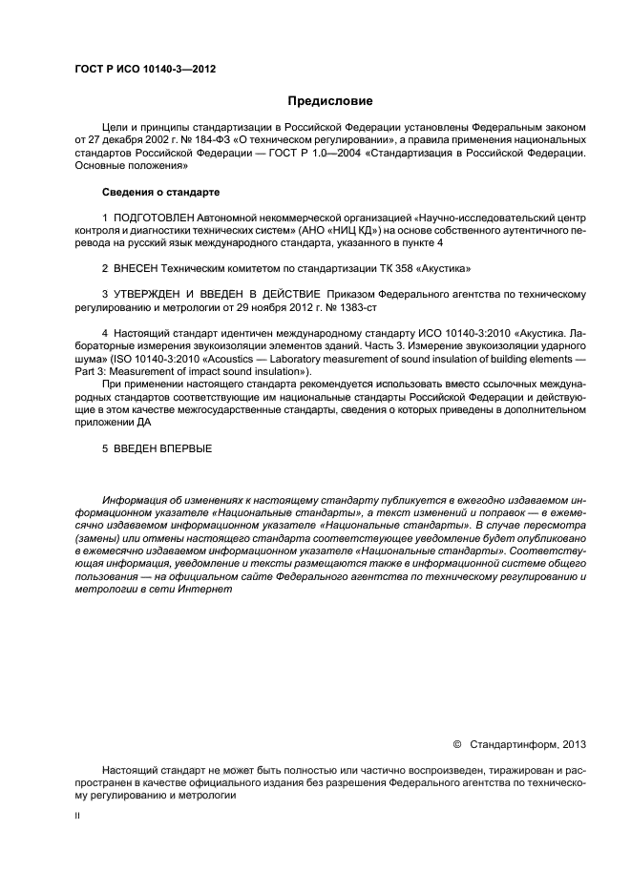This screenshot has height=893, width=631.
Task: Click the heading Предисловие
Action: pyautogui.click(x=330, y=100)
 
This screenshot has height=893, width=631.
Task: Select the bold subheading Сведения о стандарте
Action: pyautogui.click(x=161, y=193)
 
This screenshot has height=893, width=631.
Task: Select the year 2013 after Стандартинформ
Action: pyautogui.click(x=575, y=744)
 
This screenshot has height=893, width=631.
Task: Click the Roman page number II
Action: pyautogui.click(x=78, y=816)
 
